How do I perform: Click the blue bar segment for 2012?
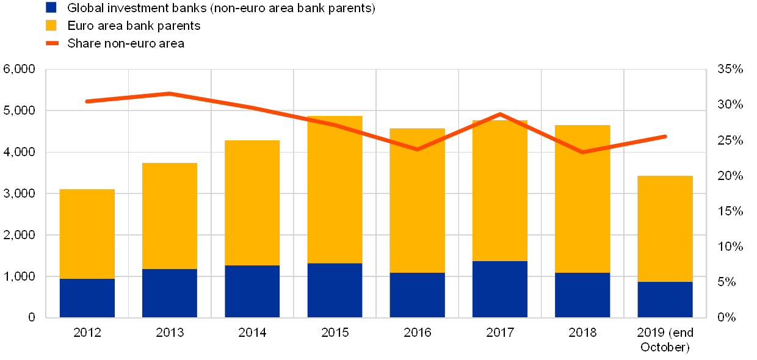(x=87, y=298)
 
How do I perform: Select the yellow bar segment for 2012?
(x=87, y=234)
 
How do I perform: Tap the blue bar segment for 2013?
(x=170, y=293)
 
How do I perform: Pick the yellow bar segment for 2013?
(x=170, y=215)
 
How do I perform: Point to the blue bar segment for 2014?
(x=252, y=291)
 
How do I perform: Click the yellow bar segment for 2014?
(x=252, y=203)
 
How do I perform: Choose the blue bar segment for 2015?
(x=335, y=290)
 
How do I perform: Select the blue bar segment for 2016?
(x=417, y=295)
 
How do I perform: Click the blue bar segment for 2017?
(x=500, y=289)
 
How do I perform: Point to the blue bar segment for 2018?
(x=582, y=295)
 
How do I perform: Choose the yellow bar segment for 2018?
(x=582, y=199)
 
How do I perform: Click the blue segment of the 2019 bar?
(x=665, y=299)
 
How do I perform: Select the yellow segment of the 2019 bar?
(x=665, y=229)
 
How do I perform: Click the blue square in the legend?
(x=51, y=8)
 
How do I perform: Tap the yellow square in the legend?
(x=51, y=26)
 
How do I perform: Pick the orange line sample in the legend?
(x=51, y=43)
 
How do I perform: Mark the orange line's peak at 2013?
(x=170, y=93)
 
